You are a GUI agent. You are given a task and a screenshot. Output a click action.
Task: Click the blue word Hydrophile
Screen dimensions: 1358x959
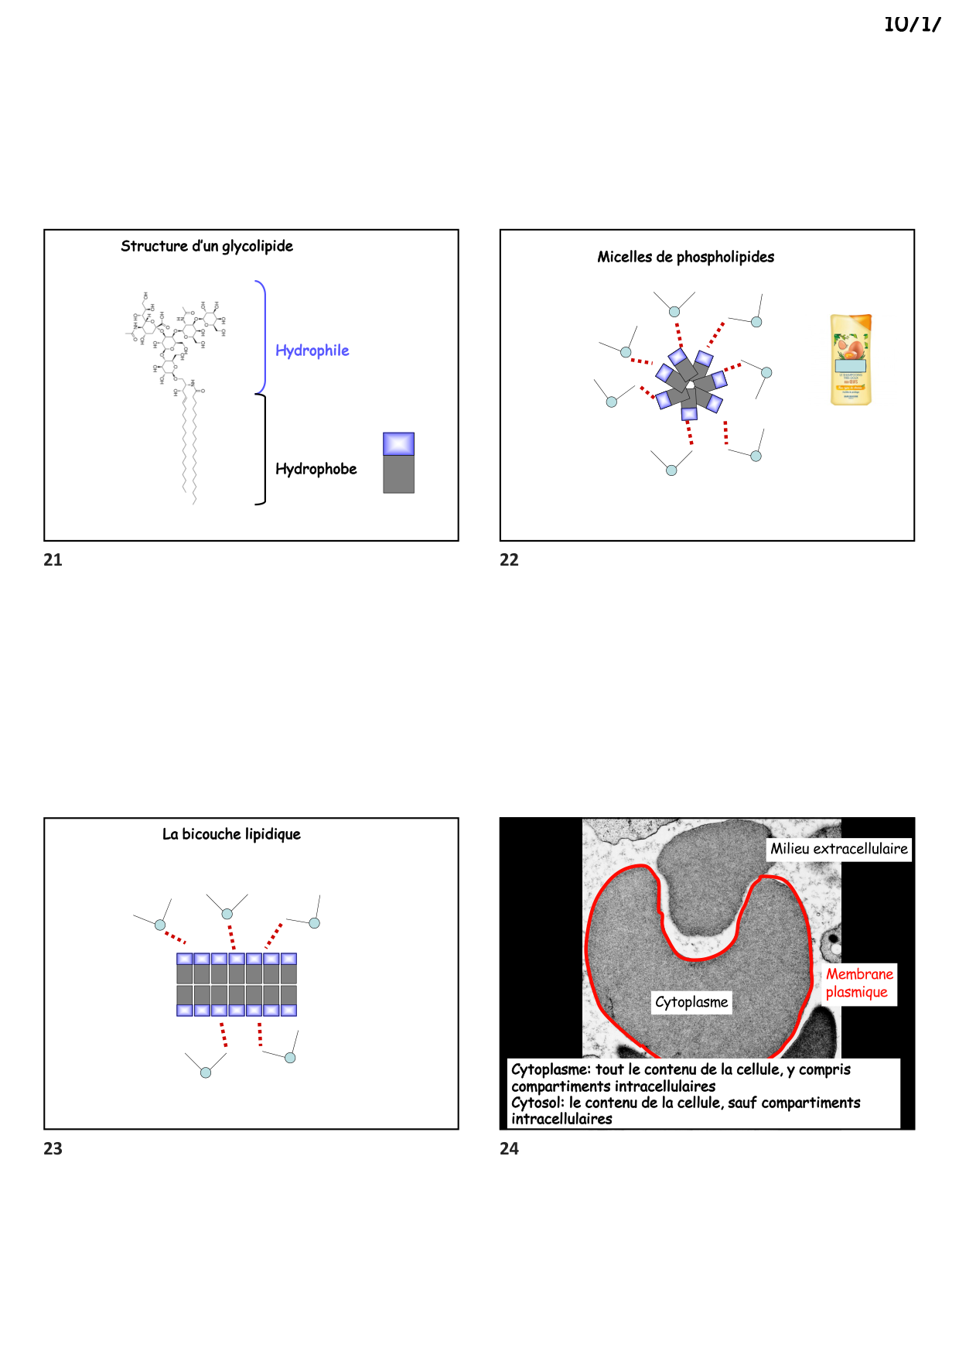tap(312, 351)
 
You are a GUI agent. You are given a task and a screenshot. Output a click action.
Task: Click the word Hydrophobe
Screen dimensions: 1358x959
tap(316, 469)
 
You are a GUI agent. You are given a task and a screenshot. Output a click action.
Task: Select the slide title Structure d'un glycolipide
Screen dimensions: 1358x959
tap(206, 246)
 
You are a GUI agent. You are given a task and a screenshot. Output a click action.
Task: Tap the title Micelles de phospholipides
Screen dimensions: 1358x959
tap(685, 257)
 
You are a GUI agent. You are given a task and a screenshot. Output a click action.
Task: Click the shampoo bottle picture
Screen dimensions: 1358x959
tap(851, 360)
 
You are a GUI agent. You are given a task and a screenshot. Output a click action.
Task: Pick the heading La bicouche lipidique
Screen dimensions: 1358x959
tap(231, 834)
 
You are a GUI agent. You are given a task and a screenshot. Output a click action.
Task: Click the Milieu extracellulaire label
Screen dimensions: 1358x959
tap(838, 849)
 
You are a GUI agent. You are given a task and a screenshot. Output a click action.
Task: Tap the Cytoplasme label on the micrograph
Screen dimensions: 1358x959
tap(691, 1002)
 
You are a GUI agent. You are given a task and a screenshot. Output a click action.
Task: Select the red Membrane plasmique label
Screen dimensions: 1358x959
tap(859, 983)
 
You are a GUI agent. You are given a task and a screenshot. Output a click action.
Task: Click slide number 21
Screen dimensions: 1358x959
tap(53, 560)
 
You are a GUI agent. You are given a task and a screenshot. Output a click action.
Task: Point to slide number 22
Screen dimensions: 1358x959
tap(509, 560)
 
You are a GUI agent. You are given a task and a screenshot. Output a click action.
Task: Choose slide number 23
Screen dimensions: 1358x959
tap(53, 1149)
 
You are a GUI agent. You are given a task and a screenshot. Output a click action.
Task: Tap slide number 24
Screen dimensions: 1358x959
tap(509, 1149)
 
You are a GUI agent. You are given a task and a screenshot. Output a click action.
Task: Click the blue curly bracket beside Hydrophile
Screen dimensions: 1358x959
tap(263, 337)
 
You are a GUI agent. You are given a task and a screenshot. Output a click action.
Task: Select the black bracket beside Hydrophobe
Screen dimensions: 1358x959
tap(263, 450)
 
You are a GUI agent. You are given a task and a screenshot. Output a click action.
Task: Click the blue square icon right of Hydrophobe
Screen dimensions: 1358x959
tap(398, 443)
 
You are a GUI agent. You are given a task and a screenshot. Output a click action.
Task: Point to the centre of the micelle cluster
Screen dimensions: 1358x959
tap(689, 384)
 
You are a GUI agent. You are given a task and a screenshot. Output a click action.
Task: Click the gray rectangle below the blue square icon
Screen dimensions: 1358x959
tap(398, 474)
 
